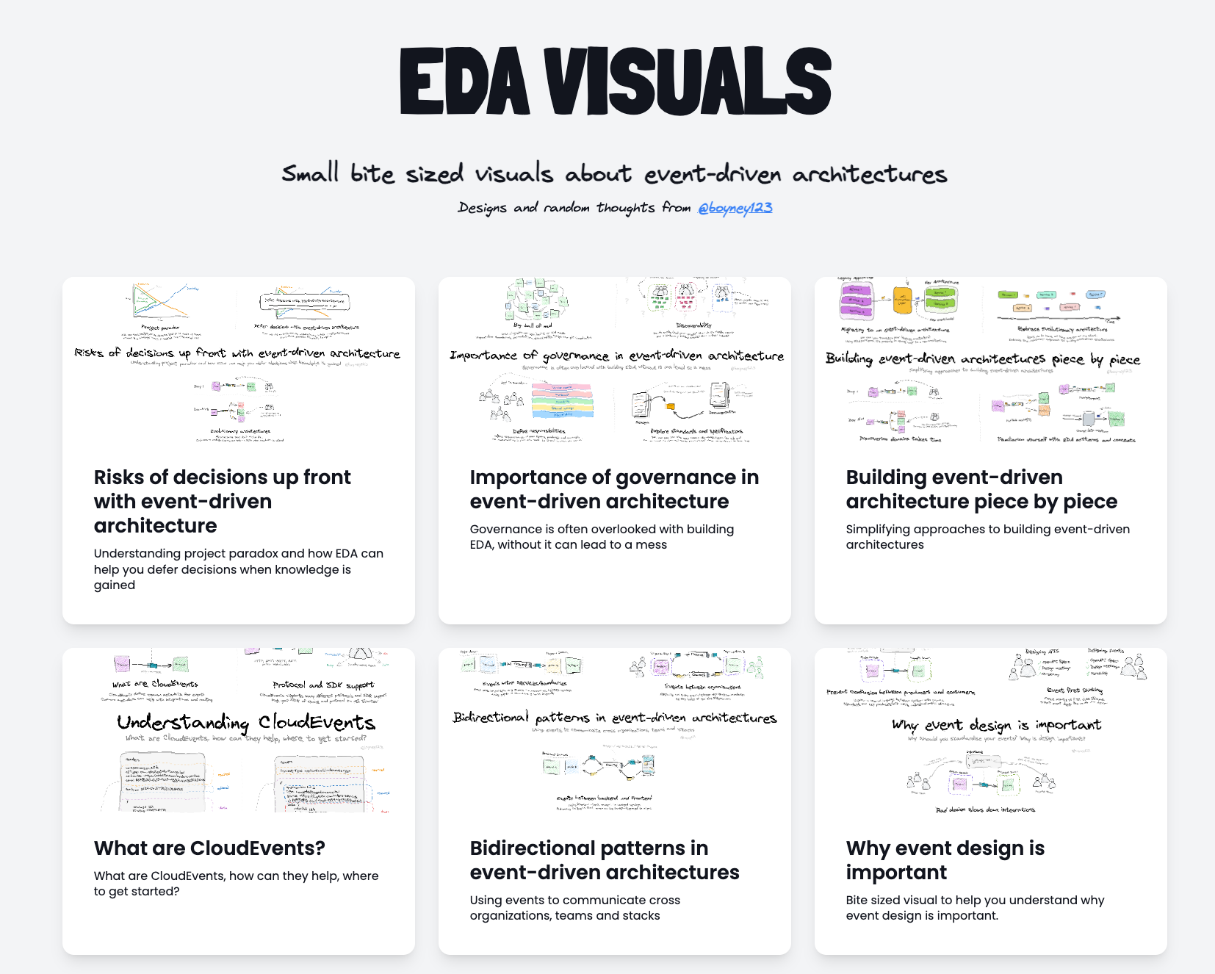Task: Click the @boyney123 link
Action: (x=735, y=208)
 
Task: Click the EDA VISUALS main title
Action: (x=615, y=81)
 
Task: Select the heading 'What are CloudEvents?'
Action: (x=209, y=848)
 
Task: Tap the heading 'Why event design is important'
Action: (x=945, y=860)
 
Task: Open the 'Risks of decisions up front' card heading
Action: (x=222, y=501)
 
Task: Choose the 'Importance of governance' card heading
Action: (x=614, y=489)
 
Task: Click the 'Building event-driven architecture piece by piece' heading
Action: (x=981, y=489)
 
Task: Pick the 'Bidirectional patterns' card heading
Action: (x=604, y=860)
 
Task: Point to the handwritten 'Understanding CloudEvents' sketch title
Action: (x=245, y=722)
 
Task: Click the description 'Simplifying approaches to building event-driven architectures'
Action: (x=987, y=537)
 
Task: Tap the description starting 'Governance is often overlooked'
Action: (x=602, y=537)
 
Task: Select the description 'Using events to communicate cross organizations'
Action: (x=574, y=908)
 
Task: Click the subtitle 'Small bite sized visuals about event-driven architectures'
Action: (x=614, y=174)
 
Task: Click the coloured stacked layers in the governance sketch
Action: (x=562, y=400)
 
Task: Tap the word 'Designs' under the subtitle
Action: (x=482, y=208)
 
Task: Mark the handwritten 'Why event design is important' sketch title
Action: (x=996, y=725)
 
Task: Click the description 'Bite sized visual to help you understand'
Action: (x=975, y=908)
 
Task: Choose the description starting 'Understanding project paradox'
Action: (x=238, y=569)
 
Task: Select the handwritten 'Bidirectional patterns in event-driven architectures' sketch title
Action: (x=614, y=718)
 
